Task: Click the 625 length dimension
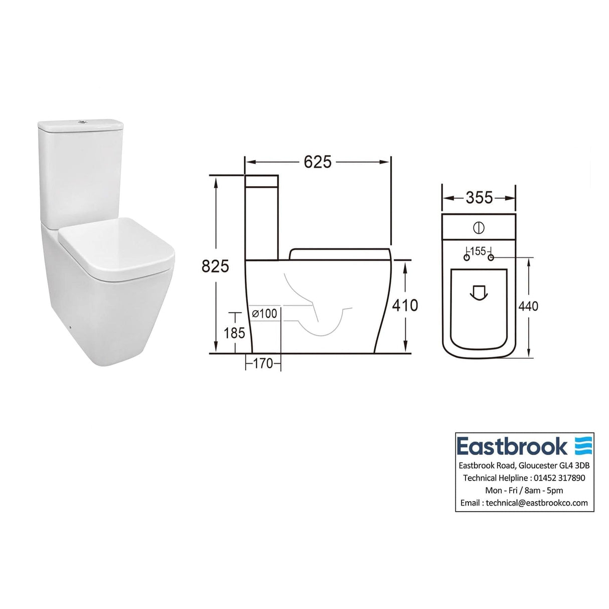pos(317,162)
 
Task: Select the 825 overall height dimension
pos(215,266)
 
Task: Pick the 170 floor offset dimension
pos(263,363)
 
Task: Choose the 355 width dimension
pos(479,198)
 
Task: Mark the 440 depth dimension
pos(528,306)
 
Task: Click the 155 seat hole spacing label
pos(479,251)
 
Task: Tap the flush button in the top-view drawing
pos(479,228)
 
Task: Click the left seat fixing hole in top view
pos(467,257)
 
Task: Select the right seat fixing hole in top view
pos(491,257)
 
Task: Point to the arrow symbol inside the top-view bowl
pos(479,292)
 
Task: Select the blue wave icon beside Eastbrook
pos(583,445)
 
